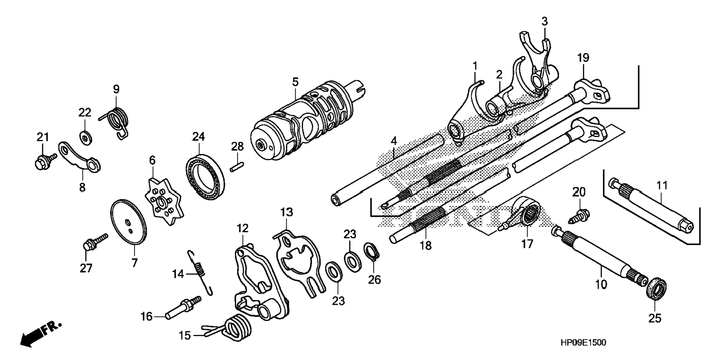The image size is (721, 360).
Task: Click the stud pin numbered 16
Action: click(183, 308)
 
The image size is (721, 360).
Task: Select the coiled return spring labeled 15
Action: click(235, 328)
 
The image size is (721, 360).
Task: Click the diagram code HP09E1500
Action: click(583, 342)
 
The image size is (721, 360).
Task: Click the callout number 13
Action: click(287, 212)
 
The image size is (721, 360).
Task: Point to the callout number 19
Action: click(583, 58)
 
